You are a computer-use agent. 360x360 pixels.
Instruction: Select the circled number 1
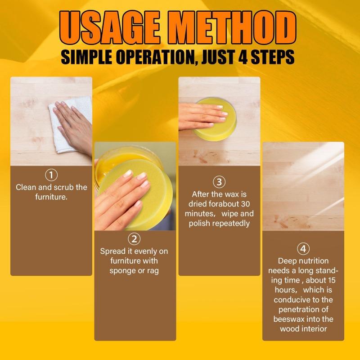(52, 175)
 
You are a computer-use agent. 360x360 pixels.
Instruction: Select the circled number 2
(134, 238)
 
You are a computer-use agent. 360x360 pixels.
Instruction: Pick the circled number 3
(219, 182)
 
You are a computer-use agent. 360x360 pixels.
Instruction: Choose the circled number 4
(303, 248)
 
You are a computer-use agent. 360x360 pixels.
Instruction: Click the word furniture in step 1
(51, 197)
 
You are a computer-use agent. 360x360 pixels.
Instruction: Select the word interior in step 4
(313, 329)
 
